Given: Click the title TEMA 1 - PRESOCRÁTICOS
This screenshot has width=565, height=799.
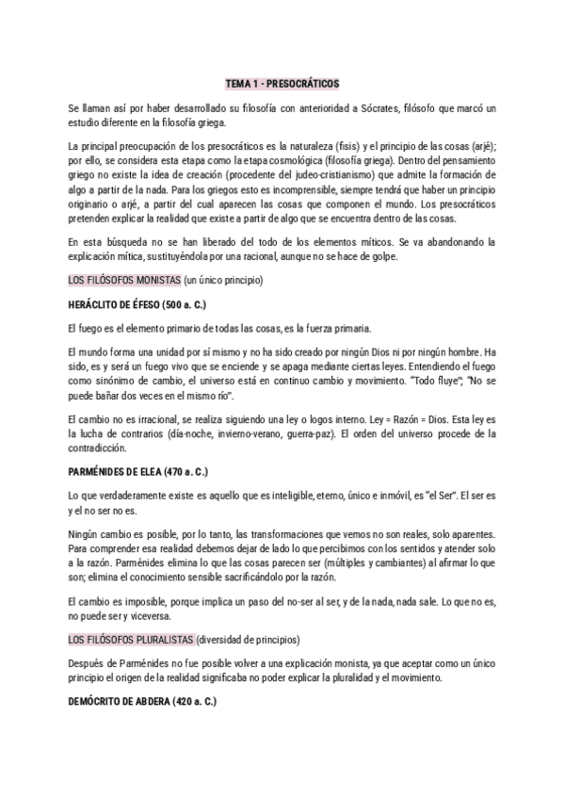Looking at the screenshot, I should pos(282,83).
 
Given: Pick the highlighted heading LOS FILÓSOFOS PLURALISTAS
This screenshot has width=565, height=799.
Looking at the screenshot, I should pos(131,639).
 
